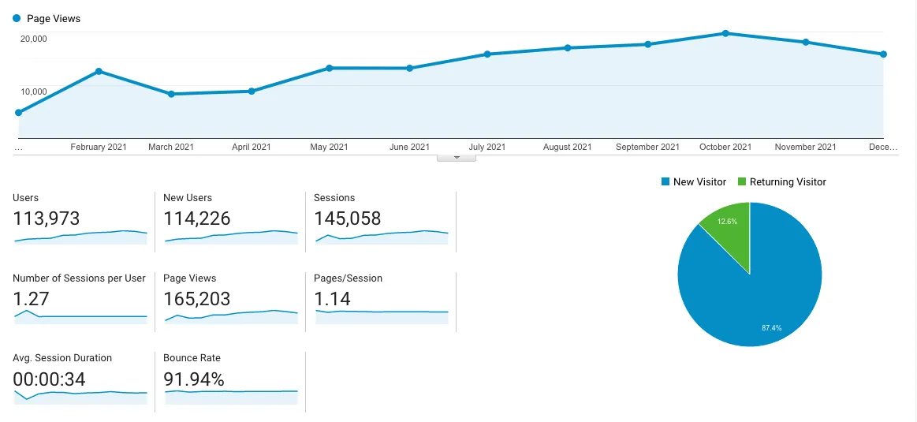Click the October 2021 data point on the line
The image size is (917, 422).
[725, 33]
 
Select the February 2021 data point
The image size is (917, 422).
[99, 71]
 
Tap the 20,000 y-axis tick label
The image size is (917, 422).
[33, 39]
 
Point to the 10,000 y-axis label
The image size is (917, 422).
[33, 91]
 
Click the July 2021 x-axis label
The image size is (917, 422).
[486, 147]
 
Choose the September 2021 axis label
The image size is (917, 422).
[647, 147]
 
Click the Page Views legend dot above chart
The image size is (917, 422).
[17, 18]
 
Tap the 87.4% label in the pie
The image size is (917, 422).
[771, 327]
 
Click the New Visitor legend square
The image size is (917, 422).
[665, 181]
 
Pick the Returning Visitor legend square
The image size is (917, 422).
[741, 181]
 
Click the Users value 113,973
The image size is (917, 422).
[47, 218]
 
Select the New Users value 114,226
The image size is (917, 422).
[197, 218]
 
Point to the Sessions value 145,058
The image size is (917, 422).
[348, 218]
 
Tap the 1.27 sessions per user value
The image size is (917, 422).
[31, 299]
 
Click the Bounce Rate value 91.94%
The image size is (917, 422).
[194, 379]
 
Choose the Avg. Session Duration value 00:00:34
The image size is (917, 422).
[50, 379]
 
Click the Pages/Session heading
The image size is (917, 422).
[348, 278]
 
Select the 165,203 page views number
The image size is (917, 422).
[197, 299]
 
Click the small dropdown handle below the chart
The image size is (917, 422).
[456, 158]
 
